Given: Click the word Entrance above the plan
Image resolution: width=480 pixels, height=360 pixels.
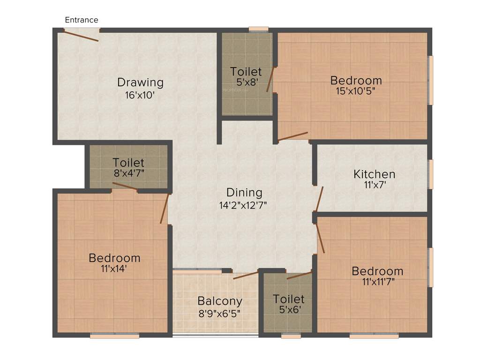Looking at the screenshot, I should coord(82,20).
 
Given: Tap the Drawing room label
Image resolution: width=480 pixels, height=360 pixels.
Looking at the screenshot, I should coord(140,82).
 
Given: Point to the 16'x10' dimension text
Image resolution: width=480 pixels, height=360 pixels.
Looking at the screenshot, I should coord(140,95).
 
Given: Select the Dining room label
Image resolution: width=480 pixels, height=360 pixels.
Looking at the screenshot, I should coord(244,192).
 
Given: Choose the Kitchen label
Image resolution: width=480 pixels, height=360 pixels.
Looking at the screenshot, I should coord(374,174).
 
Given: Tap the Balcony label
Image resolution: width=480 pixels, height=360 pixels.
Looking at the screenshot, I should coord(220,301).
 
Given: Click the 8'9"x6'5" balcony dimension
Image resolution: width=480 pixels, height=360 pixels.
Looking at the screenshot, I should coord(220,313).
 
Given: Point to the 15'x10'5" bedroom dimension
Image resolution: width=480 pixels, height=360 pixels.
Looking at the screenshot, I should coord(356,91).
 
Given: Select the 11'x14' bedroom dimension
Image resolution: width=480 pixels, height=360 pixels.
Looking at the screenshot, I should coord(114,269).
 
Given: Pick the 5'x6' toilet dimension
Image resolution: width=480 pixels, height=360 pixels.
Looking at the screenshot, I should coord(289,310).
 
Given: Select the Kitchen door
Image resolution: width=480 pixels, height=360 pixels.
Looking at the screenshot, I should coord(319,199).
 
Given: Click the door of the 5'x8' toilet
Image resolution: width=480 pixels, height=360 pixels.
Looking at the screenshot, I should coord(270,80).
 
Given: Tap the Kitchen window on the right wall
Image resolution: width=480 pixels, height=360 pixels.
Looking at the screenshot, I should coord(430,174).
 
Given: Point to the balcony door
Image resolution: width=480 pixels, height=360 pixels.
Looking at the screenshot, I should coord(246,275).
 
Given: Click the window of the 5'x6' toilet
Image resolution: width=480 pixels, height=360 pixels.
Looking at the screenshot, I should coord(291,336).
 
